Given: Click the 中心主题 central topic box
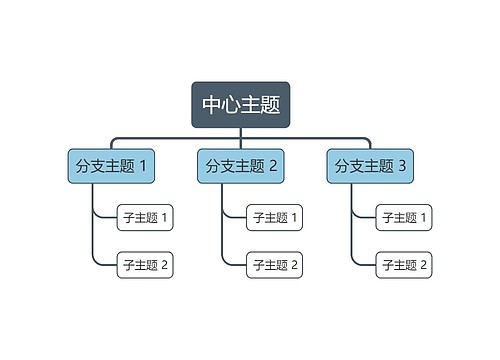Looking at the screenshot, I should pyautogui.click(x=241, y=105).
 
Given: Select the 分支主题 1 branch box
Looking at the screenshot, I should pyautogui.click(x=111, y=166).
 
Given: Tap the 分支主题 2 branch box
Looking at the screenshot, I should pyautogui.click(x=241, y=166).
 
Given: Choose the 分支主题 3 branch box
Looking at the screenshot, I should pyautogui.click(x=370, y=166).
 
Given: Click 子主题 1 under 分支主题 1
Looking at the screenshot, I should pyautogui.click(x=145, y=217).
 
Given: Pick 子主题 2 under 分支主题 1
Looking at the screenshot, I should pyautogui.click(x=145, y=265).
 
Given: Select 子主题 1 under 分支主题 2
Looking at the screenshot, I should pyautogui.click(x=274, y=217).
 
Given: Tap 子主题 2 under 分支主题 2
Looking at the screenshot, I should pyautogui.click(x=274, y=265).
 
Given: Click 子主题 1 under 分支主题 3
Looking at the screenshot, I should pyautogui.click(x=403, y=217).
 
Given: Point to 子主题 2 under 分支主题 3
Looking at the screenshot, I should pyautogui.click(x=403, y=265).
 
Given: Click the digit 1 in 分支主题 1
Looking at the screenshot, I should pyautogui.click(x=143, y=166).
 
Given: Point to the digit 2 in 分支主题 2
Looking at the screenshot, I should pyautogui.click(x=273, y=166).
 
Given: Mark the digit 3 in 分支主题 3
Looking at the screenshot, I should pyautogui.click(x=402, y=166).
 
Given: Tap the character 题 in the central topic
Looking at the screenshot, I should pyautogui.click(x=270, y=105).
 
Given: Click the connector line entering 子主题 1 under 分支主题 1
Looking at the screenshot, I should pyautogui.click(x=106, y=217).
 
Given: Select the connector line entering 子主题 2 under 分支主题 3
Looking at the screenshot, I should pyautogui.click(x=365, y=265).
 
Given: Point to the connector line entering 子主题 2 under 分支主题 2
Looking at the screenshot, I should pyautogui.click(x=235, y=265).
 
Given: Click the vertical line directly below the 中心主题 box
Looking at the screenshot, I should pyautogui.click(x=241, y=133).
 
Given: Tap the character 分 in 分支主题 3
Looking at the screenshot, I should pyautogui.click(x=342, y=166).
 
